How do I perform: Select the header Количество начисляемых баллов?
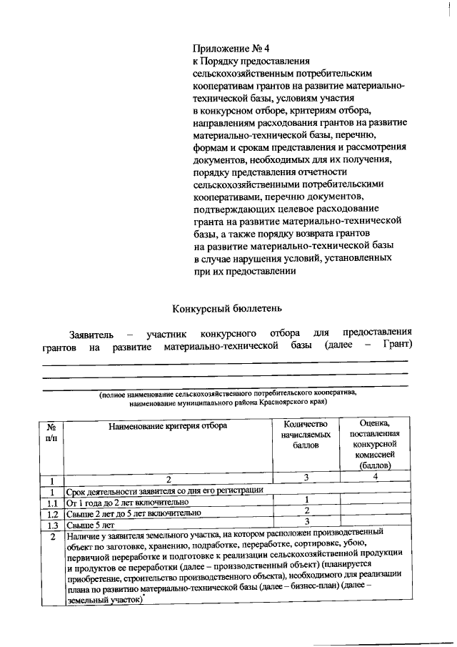coord(306,434)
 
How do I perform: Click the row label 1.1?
coord(51,501)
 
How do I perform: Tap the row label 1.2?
coord(51,513)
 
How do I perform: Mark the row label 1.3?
coord(51,523)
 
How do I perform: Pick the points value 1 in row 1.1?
coord(306,500)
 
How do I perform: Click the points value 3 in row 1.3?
coord(306,522)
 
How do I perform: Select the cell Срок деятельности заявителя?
coord(165,490)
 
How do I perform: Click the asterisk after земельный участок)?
coord(144,599)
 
